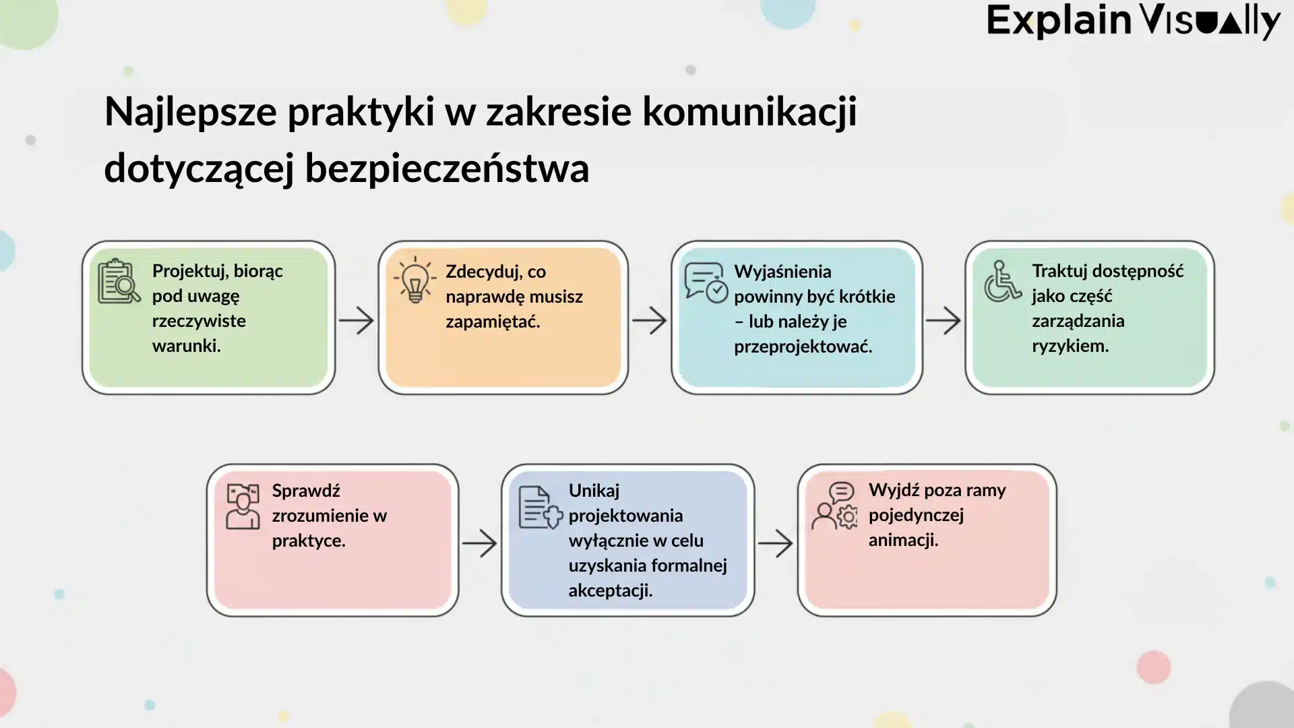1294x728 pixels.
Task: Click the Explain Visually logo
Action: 1133,22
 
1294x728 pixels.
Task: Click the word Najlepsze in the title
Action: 191,112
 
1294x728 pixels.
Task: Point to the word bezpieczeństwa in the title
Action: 447,169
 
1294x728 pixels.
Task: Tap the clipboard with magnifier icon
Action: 119,281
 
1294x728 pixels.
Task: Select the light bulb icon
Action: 415,280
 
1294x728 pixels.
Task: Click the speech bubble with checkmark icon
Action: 706,282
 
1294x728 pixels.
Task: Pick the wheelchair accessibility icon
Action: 1002,281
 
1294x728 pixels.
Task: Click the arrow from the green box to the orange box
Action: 356,321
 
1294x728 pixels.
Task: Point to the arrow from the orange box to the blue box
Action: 649,321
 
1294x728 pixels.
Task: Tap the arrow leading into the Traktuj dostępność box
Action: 943,321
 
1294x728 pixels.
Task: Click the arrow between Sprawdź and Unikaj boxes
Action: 479,543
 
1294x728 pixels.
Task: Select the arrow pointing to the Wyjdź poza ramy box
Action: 775,543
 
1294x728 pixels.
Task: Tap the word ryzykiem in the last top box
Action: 1070,346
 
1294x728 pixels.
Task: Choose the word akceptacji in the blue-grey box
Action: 609,590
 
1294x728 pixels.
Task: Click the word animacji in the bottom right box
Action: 902,540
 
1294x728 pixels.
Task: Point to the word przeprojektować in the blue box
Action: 802,346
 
